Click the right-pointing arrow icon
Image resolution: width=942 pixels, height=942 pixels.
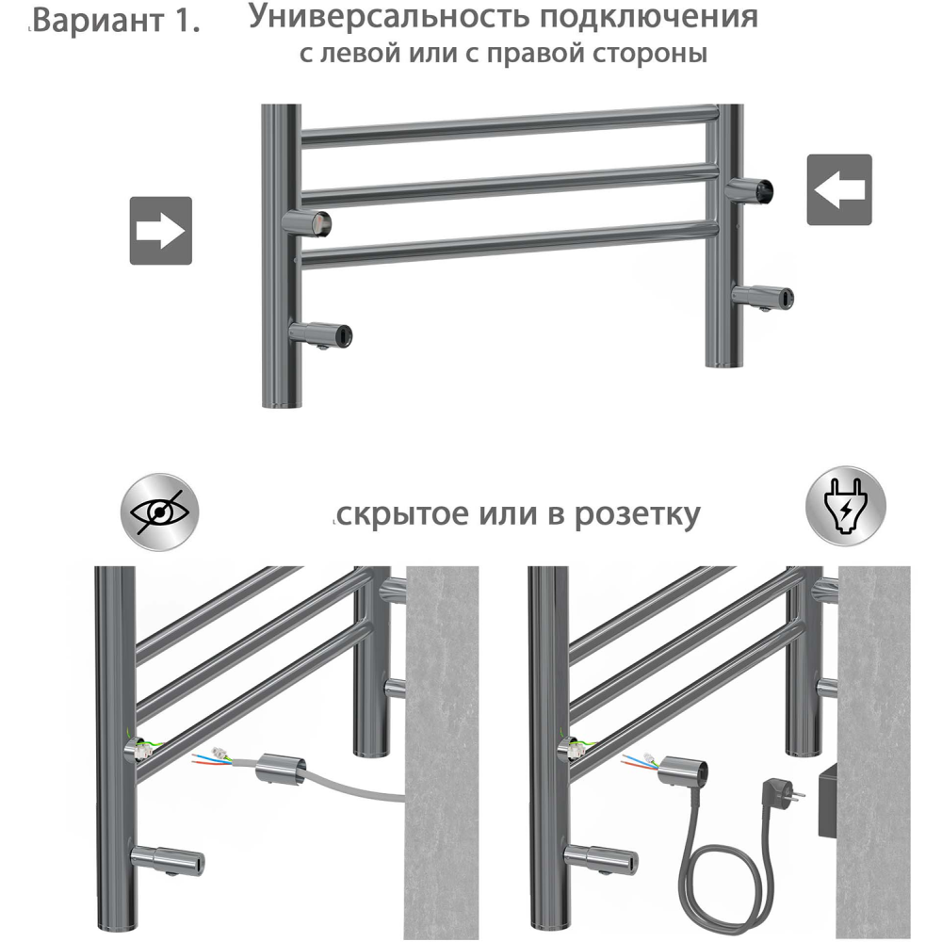coord(160,230)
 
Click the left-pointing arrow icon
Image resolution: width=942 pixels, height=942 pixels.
coord(839,189)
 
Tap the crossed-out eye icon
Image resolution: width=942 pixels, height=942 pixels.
coord(161,511)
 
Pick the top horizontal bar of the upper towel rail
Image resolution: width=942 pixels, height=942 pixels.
coord(509,125)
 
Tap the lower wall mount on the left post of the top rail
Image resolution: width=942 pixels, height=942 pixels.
coord(322,333)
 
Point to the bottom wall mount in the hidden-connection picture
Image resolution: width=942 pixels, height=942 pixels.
coord(170,859)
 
